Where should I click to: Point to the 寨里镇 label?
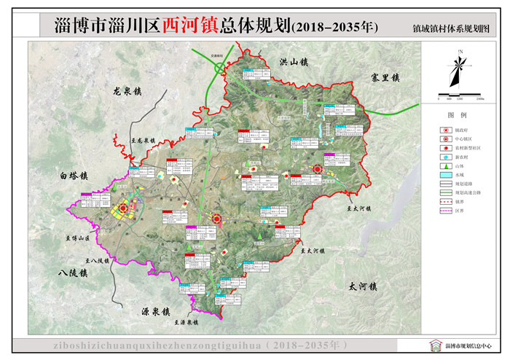coord(385,77)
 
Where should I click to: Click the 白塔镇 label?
coord(74,176)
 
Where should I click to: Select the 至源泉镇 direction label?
coord(186,322)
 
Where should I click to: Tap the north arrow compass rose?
coord(459,69)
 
